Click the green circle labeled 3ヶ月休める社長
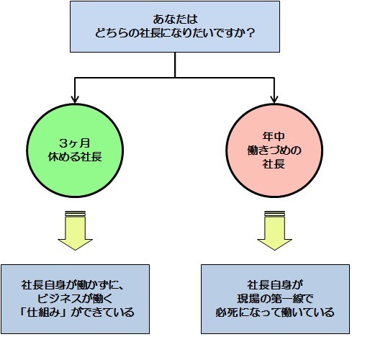click(75, 150)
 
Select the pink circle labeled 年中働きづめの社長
click(274, 150)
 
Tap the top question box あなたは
click(175, 27)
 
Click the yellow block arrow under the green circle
click(75, 230)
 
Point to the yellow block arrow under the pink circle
click(274, 230)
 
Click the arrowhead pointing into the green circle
click(75, 99)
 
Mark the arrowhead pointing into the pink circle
click(274, 99)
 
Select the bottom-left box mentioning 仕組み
click(75, 300)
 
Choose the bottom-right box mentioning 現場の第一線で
click(275, 300)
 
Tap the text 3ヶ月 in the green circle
click(74, 143)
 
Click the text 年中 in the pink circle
click(274, 136)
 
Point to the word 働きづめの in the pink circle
click(274, 150)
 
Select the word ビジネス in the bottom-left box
click(62, 299)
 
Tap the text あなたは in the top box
click(175, 19)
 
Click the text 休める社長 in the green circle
click(75, 157)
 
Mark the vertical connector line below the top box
click(175, 65)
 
